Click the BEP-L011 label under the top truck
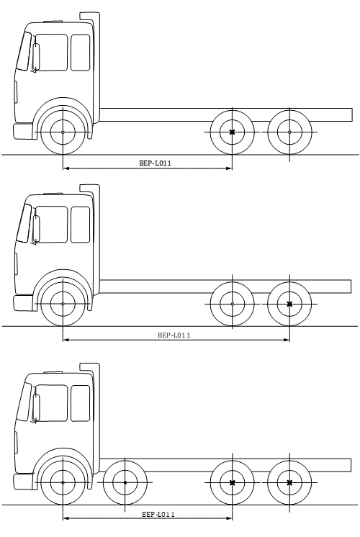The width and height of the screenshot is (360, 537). pyautogui.click(x=155, y=163)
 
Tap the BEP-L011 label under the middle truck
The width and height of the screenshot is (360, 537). pyautogui.click(x=174, y=335)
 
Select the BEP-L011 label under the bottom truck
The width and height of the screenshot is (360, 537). pyautogui.click(x=158, y=514)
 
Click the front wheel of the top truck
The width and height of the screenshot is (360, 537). pyautogui.click(x=63, y=132)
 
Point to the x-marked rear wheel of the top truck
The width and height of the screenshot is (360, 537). pyautogui.click(x=233, y=132)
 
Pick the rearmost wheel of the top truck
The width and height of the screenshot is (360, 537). pyautogui.click(x=289, y=132)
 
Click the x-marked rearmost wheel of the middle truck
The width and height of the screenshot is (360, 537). pyautogui.click(x=289, y=304)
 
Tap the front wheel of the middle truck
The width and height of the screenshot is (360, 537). pyautogui.click(x=63, y=304)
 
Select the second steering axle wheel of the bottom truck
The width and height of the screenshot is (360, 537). pyautogui.click(x=125, y=482)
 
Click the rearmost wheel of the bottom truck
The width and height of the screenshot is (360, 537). pyautogui.click(x=289, y=482)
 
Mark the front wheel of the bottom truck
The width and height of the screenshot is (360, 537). pyautogui.click(x=63, y=482)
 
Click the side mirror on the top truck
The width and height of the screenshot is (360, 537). pyautogui.click(x=35, y=58)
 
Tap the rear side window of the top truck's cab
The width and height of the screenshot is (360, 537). pyautogui.click(x=81, y=53)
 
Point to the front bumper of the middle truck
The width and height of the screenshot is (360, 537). pyautogui.click(x=23, y=303)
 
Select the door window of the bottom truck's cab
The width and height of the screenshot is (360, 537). pyautogui.click(x=51, y=403)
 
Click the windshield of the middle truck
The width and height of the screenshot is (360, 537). pyautogui.click(x=24, y=223)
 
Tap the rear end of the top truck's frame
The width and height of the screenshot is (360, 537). pyautogui.click(x=351, y=114)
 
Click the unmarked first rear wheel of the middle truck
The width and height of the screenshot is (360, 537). pyautogui.click(x=233, y=304)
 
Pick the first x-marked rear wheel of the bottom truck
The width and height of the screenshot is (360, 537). pyautogui.click(x=233, y=482)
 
